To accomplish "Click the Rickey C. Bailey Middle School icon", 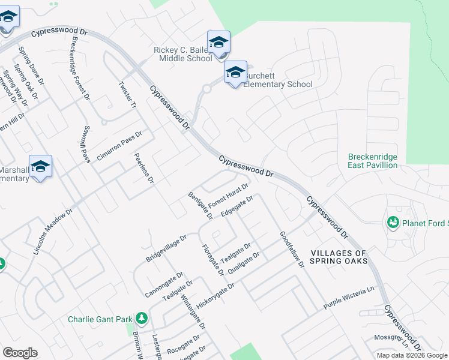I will coord(218,43).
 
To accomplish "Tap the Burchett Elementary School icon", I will coord(236,73).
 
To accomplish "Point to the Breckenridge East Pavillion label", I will coord(373,161).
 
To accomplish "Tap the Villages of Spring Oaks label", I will coord(339,257).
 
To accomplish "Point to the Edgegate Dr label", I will coord(237,206).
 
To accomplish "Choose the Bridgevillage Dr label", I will coord(166,248).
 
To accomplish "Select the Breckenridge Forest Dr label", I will coord(80,67).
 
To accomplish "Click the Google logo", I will coord(20,353).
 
